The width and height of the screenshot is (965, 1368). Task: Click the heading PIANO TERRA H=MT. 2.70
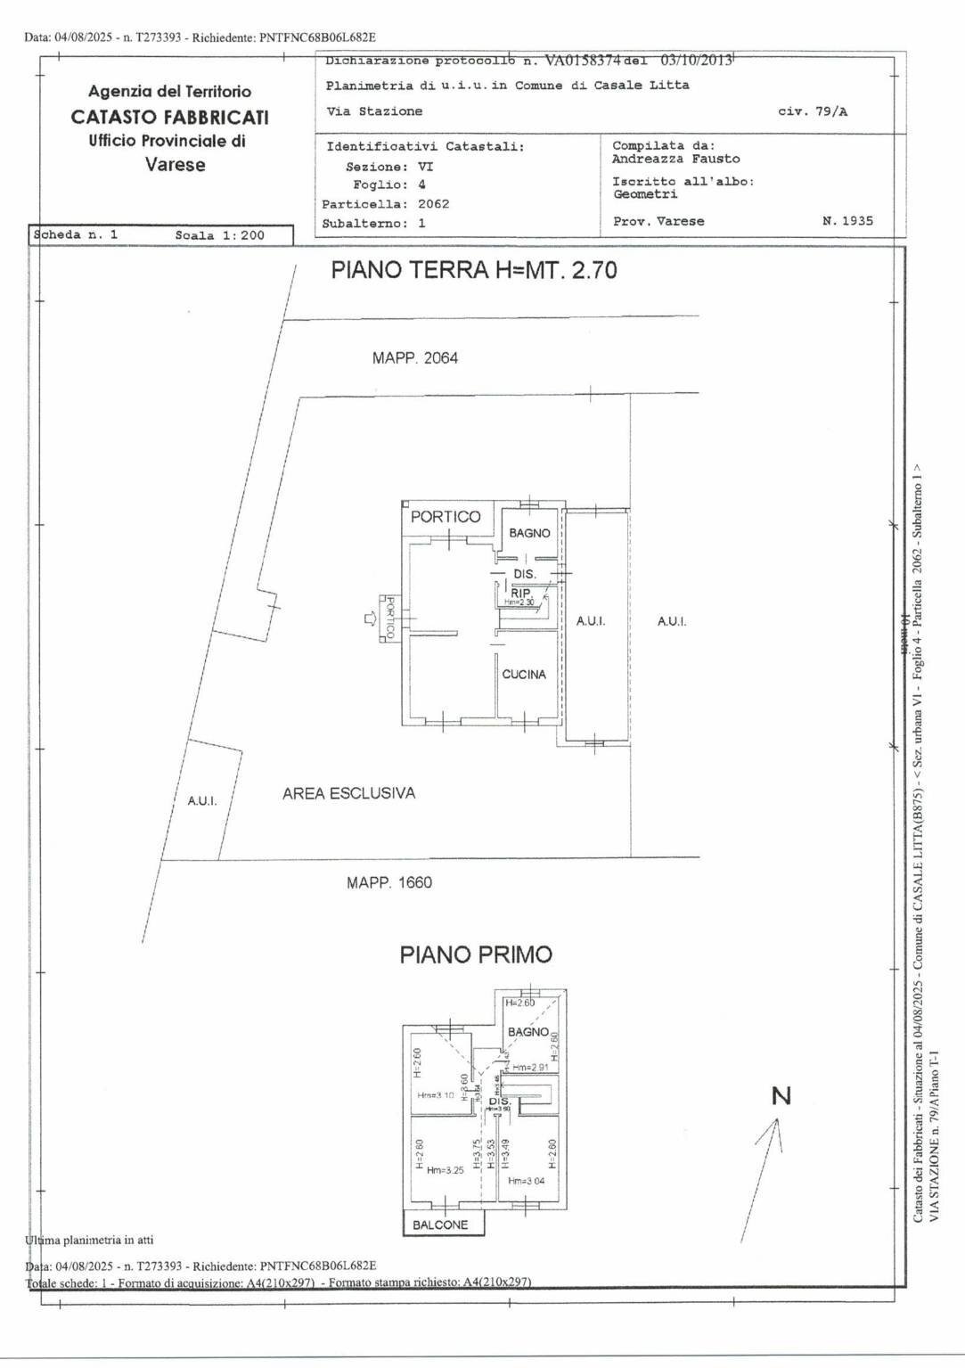point(473,270)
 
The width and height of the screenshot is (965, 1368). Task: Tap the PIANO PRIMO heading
point(475,954)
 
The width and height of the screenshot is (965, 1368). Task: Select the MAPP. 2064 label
point(414,358)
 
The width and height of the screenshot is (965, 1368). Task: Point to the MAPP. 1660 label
point(388,882)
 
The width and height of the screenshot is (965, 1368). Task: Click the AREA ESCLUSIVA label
point(348,793)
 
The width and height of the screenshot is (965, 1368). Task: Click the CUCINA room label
point(524,675)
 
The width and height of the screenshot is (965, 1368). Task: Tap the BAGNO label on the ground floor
point(529,533)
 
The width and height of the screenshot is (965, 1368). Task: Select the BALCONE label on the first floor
point(440,1225)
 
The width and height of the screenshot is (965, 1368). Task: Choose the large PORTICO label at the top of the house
point(446,517)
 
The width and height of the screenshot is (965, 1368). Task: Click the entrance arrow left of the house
point(370,618)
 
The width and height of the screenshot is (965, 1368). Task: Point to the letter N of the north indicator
point(781,1096)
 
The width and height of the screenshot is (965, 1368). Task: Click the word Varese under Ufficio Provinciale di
point(175,165)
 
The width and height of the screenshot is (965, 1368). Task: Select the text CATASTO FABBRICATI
point(169,117)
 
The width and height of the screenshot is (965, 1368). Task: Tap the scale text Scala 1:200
point(219,235)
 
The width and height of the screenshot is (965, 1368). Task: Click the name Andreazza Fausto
point(675,159)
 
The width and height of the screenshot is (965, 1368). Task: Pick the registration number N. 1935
point(846,221)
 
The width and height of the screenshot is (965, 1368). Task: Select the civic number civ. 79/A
point(813,111)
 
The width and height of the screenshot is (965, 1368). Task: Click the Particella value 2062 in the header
point(433,204)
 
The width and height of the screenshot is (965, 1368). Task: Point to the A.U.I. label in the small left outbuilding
point(202,801)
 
